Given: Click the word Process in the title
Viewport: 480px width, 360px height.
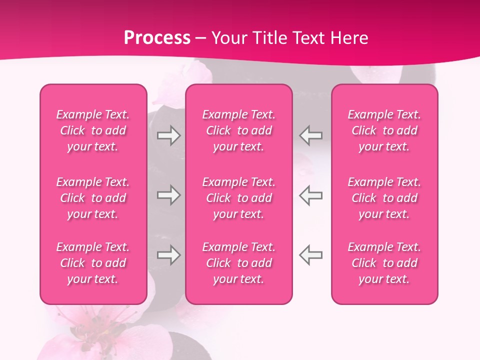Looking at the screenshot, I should point(157,38).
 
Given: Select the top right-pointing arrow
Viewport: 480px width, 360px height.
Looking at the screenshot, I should point(168,135).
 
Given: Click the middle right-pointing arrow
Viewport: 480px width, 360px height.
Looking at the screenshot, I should point(168,195).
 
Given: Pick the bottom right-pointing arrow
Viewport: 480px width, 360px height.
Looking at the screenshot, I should point(168,255).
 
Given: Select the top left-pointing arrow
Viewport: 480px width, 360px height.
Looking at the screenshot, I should point(311,135).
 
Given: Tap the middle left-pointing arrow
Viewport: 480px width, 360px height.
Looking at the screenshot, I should point(311,195).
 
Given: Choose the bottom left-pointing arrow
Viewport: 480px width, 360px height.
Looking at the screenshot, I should point(311,255).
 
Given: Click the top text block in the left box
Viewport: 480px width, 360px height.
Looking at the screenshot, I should point(93,130).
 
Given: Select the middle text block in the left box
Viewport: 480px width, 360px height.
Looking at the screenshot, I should point(93,198).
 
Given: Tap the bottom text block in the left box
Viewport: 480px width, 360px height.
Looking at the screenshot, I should point(93,263).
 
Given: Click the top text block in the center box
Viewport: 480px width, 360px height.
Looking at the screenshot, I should point(239,130).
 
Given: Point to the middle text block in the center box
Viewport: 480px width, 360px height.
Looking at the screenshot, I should point(239,198).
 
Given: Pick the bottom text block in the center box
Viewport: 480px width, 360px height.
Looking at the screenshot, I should point(239,263).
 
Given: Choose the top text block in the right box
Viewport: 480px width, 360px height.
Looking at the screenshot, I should point(384,130).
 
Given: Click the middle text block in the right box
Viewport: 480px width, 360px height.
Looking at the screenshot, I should point(384,198).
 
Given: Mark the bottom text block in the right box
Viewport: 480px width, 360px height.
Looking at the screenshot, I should point(384,263).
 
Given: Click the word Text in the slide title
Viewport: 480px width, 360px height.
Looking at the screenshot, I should point(307,38).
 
